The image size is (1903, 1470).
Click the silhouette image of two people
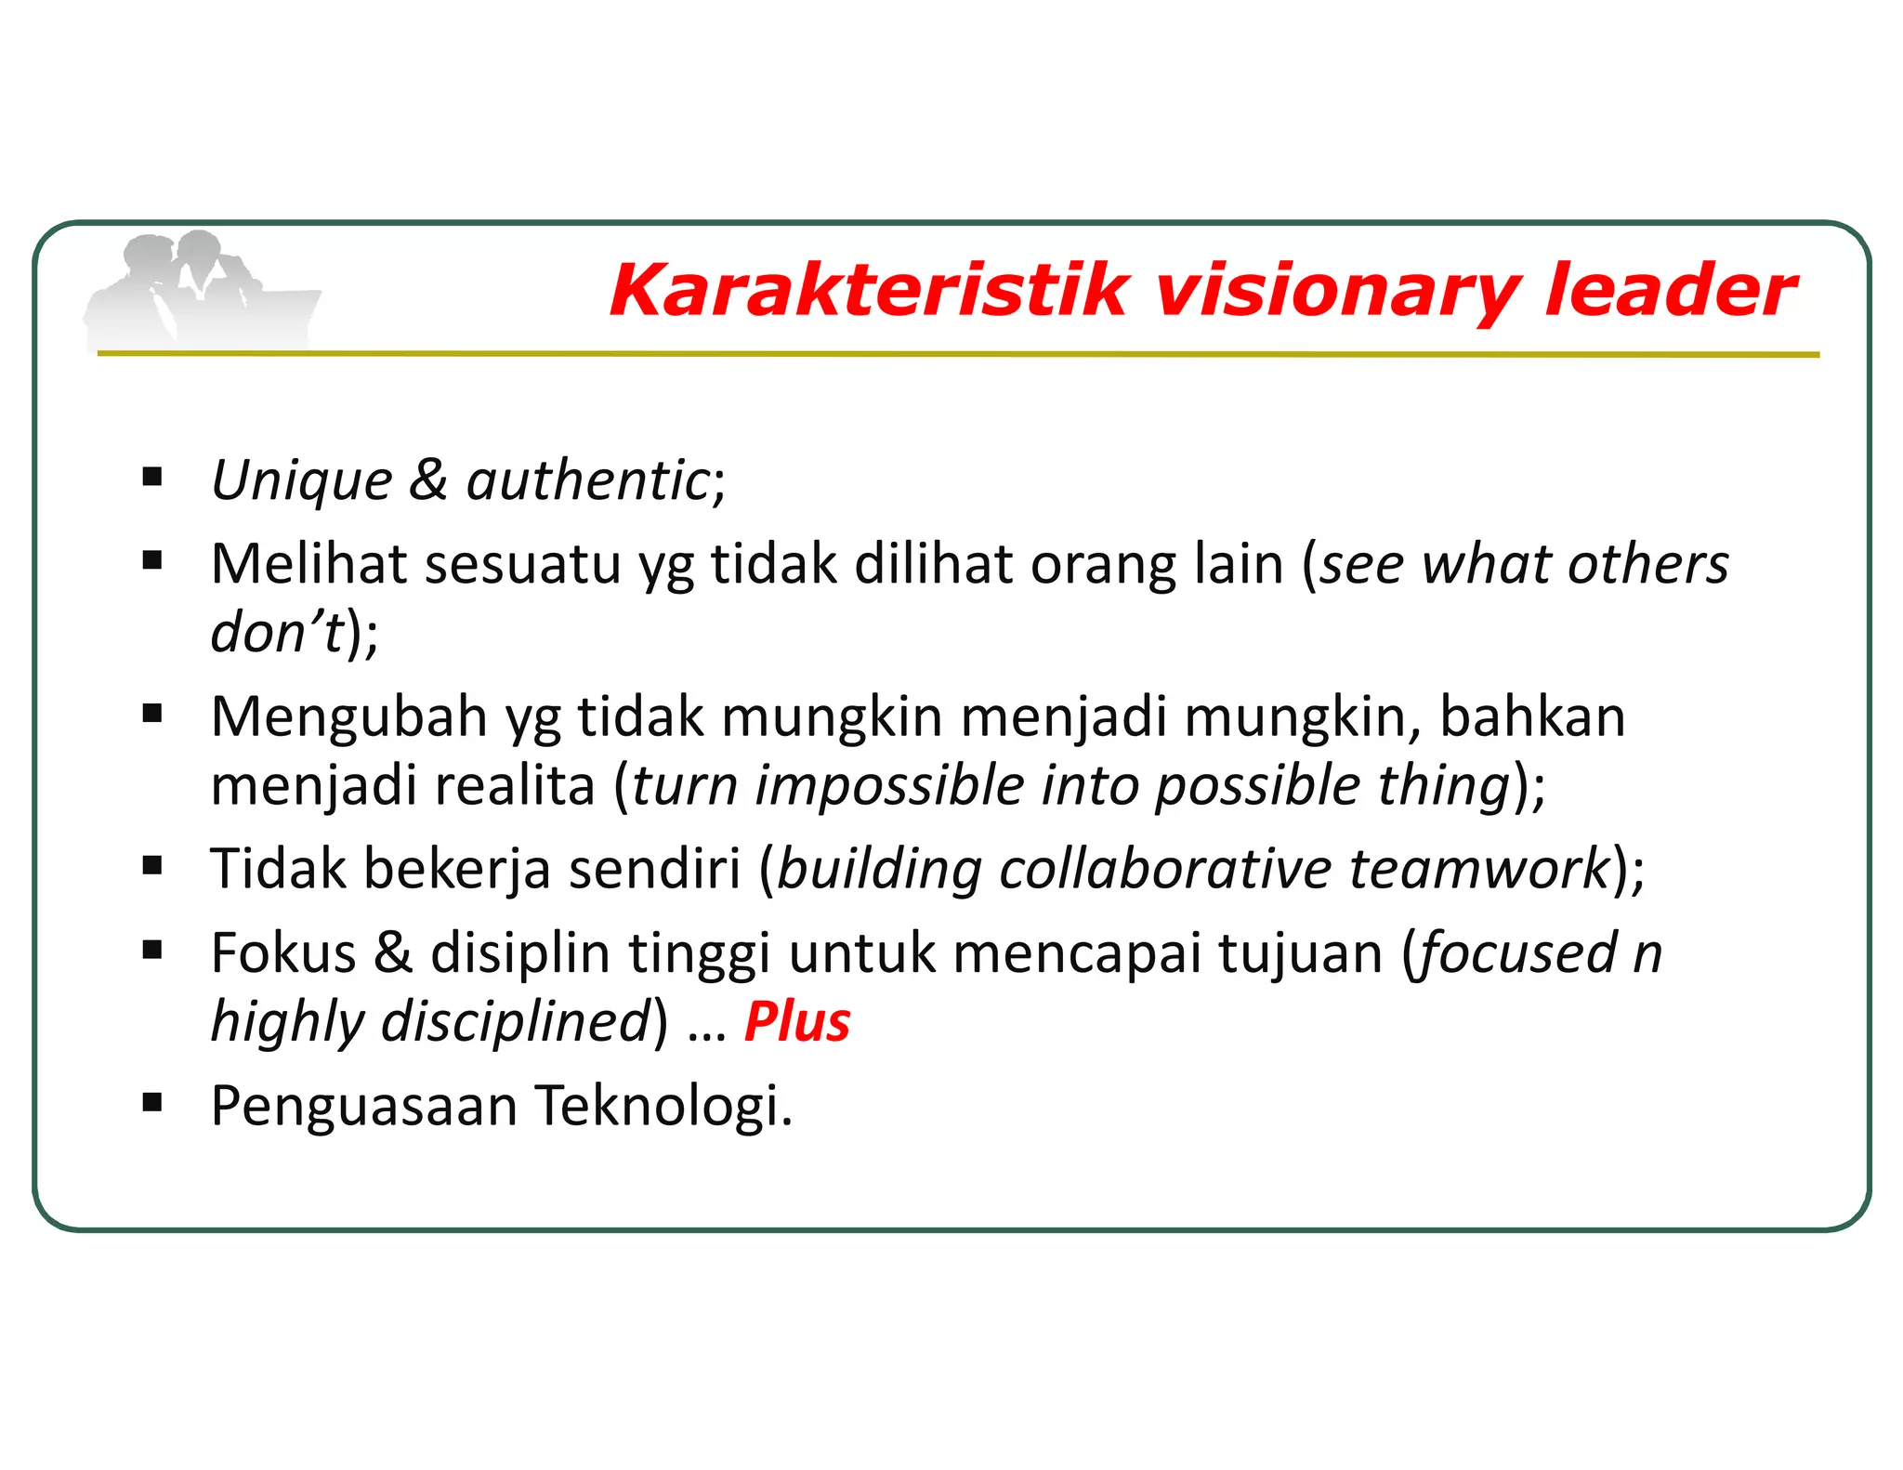[x=200, y=290]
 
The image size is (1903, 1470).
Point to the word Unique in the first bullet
[x=302, y=481]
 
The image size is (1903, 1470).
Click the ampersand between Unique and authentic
[x=428, y=480]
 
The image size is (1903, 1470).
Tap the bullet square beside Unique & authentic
[x=152, y=478]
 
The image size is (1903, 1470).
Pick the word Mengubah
[x=348, y=717]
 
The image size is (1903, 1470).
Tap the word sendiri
[x=654, y=869]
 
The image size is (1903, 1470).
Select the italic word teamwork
[x=1479, y=869]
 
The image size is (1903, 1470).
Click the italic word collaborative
[x=1165, y=870]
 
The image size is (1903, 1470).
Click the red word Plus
[x=797, y=1022]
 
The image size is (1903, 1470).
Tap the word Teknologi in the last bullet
[x=663, y=1106]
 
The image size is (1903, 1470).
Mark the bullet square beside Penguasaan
[x=152, y=1103]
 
